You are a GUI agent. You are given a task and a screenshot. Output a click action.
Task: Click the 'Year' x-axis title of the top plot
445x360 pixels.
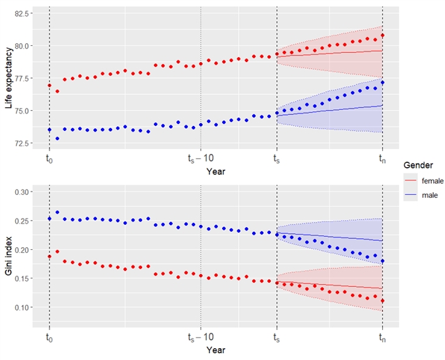pyautogui.click(x=216, y=169)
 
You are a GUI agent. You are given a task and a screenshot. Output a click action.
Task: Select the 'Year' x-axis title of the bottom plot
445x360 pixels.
pyautogui.click(x=216, y=348)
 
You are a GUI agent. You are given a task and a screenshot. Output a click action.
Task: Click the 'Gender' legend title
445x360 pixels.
pyautogui.click(x=416, y=165)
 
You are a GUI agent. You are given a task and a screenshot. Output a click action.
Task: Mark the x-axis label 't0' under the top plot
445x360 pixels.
pyautogui.click(x=49, y=159)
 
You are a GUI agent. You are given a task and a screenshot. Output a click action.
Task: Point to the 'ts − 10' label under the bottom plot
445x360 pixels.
pyautogui.click(x=201, y=338)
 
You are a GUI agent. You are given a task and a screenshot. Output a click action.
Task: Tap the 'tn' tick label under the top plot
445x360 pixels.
pyautogui.click(x=382, y=159)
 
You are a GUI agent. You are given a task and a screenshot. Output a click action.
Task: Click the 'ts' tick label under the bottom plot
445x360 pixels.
pyautogui.click(x=276, y=338)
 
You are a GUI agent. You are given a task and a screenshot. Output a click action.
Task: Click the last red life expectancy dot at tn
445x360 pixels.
pyautogui.click(x=382, y=36)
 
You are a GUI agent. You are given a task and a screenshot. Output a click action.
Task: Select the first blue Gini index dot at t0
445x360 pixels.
pyautogui.click(x=49, y=219)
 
